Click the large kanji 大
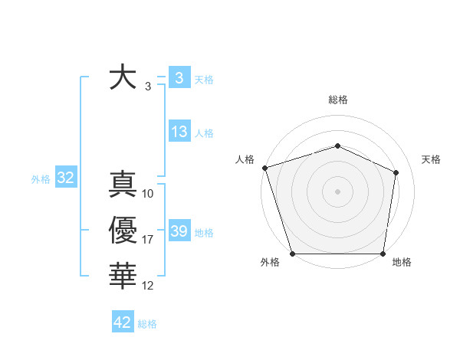pyautogui.click(x=123, y=78)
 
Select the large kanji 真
pyautogui.click(x=123, y=185)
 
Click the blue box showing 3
pyautogui.click(x=179, y=77)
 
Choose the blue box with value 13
pyautogui.click(x=179, y=132)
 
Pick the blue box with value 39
pyautogui.click(x=179, y=231)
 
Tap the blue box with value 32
pyautogui.click(x=65, y=178)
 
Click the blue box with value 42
pyautogui.click(x=123, y=322)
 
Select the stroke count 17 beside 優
pyautogui.click(x=148, y=240)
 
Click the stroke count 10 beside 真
pyautogui.click(x=148, y=194)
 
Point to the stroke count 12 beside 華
pyautogui.click(x=148, y=286)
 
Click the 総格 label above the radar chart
pyautogui.click(x=337, y=100)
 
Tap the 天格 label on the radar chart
pyautogui.click(x=431, y=159)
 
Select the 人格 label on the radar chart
pyautogui.click(x=245, y=159)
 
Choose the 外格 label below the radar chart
pyautogui.click(x=270, y=262)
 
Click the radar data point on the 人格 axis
pyautogui.click(x=264, y=168)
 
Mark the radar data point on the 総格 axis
pyautogui.click(x=337, y=146)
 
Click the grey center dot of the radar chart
pyautogui.click(x=337, y=191)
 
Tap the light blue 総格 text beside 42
pyautogui.click(x=147, y=324)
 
